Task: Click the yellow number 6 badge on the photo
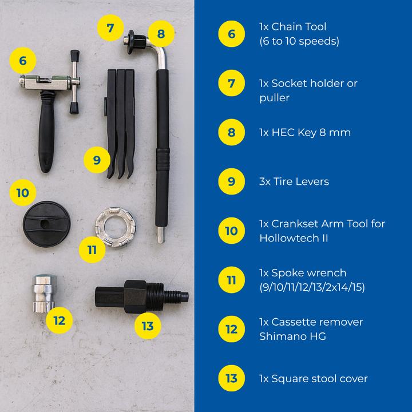[x=22, y=60]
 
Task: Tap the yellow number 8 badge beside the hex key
[x=161, y=34]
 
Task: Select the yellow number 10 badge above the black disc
[x=22, y=192]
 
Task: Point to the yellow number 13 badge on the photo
[x=147, y=326]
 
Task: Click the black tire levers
[x=120, y=120]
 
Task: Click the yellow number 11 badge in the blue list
[x=231, y=280]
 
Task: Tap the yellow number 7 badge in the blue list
[x=231, y=84]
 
